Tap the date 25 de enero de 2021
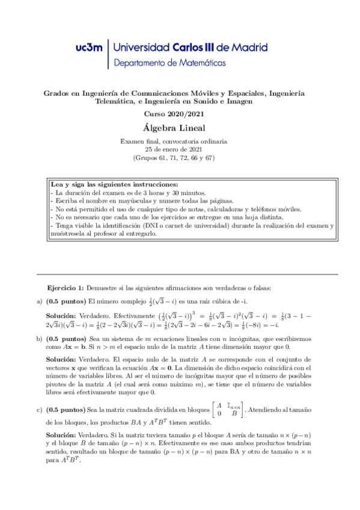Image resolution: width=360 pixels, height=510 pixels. (174, 149)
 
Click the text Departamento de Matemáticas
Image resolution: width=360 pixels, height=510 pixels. (170, 62)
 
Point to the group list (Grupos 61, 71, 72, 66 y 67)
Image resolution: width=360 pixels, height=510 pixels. (174, 158)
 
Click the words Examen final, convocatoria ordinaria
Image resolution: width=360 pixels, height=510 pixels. (174, 141)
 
